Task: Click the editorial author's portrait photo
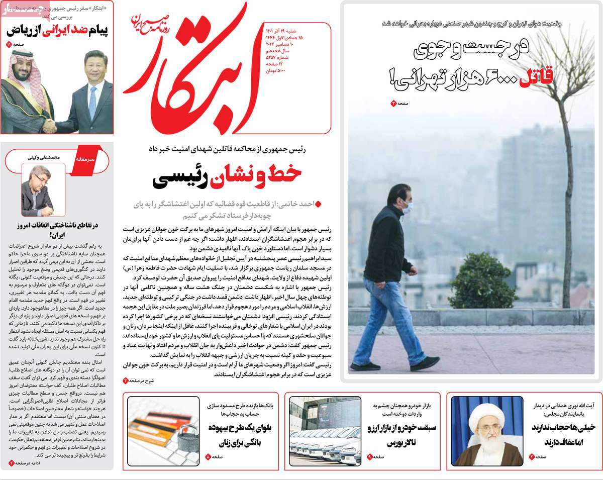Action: click(43, 189)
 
